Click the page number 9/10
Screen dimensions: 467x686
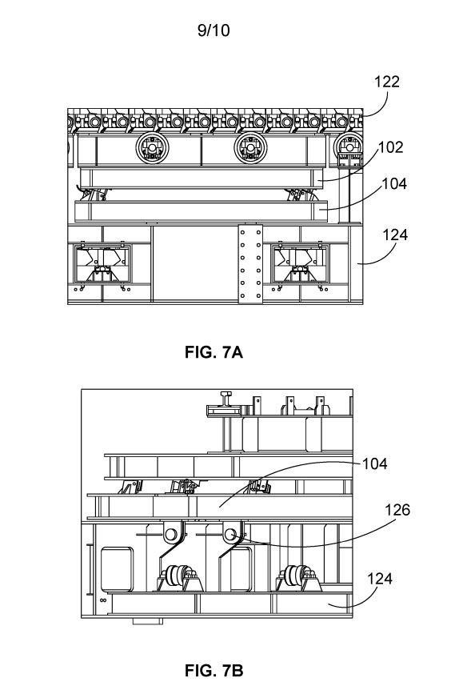tap(214, 30)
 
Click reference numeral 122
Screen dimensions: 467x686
tap(386, 82)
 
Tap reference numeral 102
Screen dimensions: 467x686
tap(390, 147)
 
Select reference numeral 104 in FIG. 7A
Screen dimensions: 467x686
tap(394, 184)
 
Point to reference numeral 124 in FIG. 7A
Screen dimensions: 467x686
tap(395, 235)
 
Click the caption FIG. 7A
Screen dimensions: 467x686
tap(214, 351)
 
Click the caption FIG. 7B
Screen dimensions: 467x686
tap(214, 670)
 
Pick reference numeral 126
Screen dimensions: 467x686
tap(397, 510)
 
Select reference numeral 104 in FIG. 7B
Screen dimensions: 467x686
tap(374, 463)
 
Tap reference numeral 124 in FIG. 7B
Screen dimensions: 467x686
tap(379, 579)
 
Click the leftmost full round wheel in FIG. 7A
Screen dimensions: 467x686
tap(152, 148)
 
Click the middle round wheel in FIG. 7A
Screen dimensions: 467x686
tap(250, 148)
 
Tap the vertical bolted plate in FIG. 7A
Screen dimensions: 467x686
tap(250, 264)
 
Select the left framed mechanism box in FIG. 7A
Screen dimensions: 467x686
tap(102, 264)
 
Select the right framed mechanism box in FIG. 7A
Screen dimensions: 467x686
tap(299, 264)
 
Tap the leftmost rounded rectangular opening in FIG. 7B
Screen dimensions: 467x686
tap(117, 569)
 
